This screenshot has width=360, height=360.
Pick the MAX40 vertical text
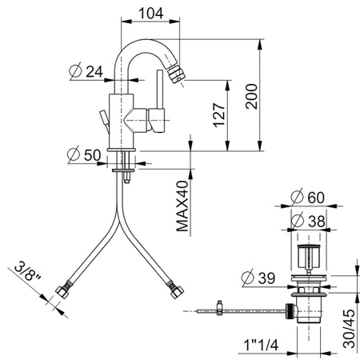click(x=183, y=205)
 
